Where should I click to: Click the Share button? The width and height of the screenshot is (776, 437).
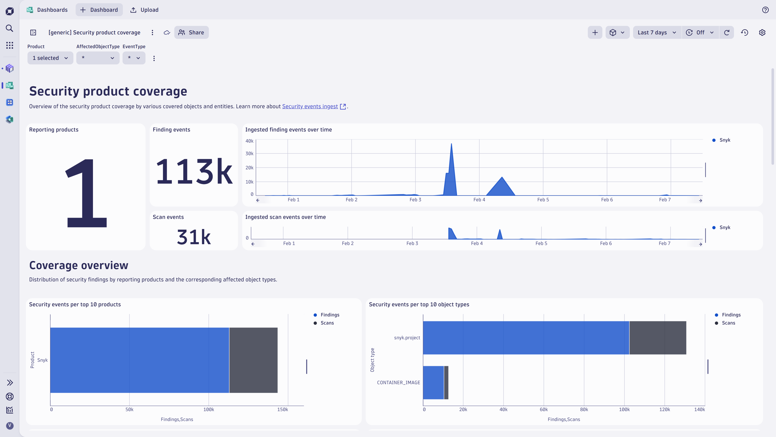pyautogui.click(x=191, y=33)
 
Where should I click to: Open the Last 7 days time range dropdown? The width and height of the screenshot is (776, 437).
pyautogui.click(x=657, y=33)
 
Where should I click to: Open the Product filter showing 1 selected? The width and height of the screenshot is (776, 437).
pyautogui.click(x=50, y=58)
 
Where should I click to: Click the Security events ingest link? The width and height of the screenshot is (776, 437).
pyautogui.click(x=310, y=106)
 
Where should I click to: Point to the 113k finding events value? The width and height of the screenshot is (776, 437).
pyautogui.click(x=194, y=171)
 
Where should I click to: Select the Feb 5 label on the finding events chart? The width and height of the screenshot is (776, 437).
pyautogui.click(x=543, y=200)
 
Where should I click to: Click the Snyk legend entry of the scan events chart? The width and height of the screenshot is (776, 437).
pyautogui.click(x=724, y=227)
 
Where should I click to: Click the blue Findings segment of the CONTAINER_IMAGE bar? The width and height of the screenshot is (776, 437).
pyautogui.click(x=433, y=382)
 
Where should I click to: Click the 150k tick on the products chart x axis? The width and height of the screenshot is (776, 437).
pyautogui.click(x=283, y=409)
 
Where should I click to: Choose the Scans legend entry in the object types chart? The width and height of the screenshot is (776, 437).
pyautogui.click(x=728, y=323)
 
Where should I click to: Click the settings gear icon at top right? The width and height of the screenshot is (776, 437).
pyautogui.click(x=762, y=33)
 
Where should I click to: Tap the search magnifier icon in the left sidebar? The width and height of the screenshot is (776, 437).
pyautogui.click(x=10, y=28)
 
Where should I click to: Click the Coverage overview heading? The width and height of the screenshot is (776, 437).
pyautogui.click(x=79, y=265)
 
